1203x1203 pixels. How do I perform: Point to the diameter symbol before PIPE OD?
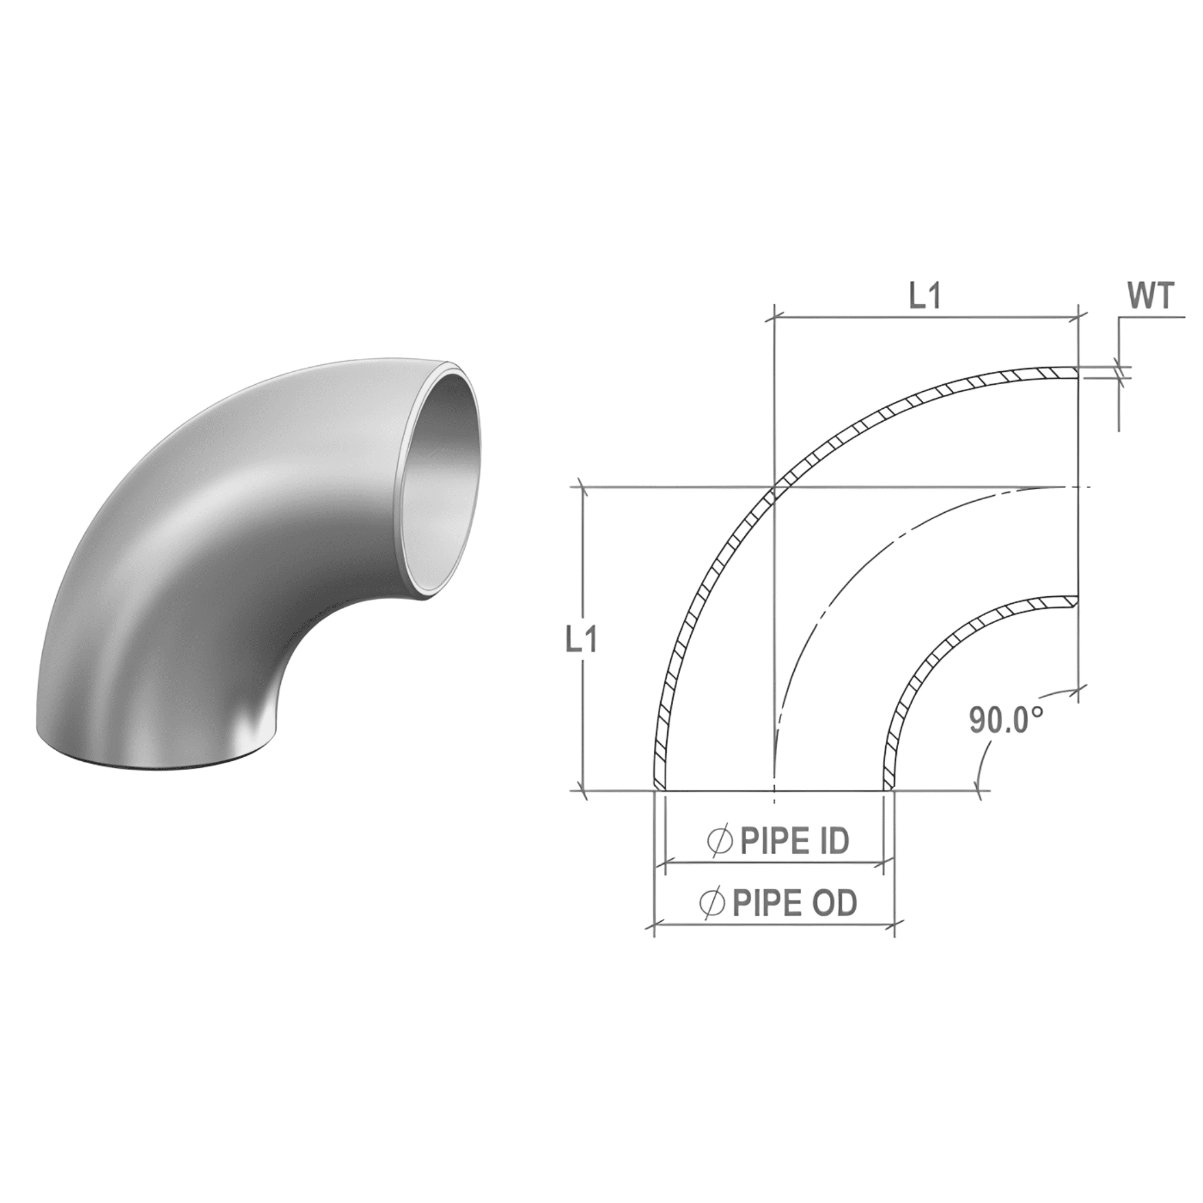click(713, 903)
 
